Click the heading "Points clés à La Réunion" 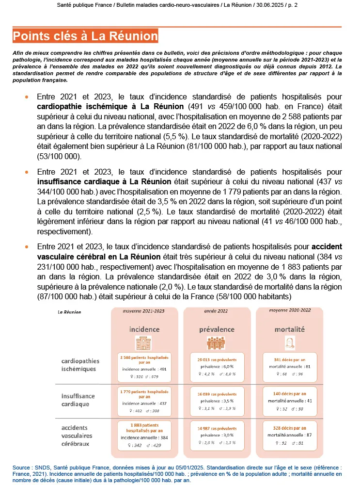point(86,36)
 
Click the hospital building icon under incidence point(144,342)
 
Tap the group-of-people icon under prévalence point(217,342)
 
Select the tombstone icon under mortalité point(289,342)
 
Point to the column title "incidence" point(144,329)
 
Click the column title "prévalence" point(217,329)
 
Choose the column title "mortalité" point(289,329)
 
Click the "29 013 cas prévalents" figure point(217,360)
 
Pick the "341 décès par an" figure point(290,360)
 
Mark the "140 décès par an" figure point(290,394)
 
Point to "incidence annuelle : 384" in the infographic point(144,437)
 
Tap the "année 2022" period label point(217,310)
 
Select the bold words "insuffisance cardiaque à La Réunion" point(104,181)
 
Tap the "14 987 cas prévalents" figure point(217,429)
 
